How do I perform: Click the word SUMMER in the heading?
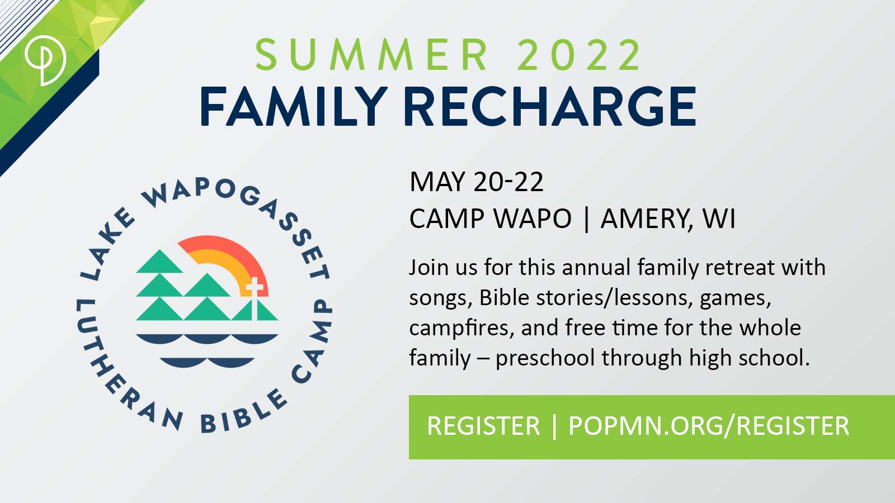tap(371, 55)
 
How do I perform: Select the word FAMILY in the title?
tap(294, 106)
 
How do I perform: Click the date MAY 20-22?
tap(476, 182)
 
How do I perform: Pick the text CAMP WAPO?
tap(490, 219)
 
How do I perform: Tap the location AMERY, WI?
tap(668, 219)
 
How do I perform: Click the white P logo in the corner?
tap(45, 60)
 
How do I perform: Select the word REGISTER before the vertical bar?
tap(483, 425)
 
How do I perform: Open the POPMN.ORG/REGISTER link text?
tap(709, 426)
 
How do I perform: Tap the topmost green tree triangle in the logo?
tap(160, 262)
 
